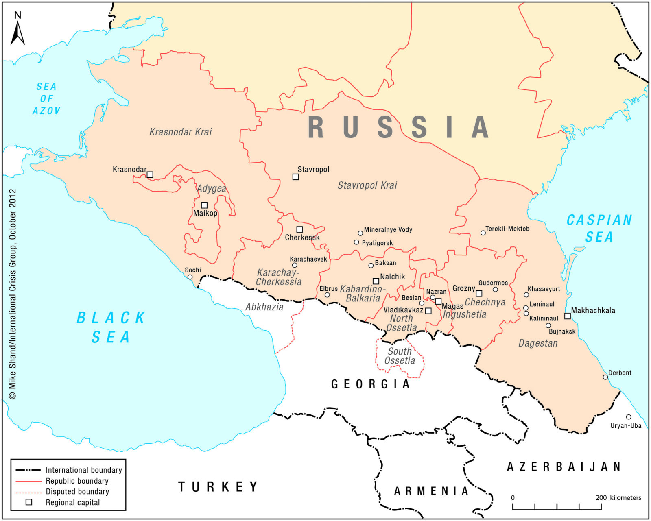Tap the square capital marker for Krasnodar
[x=150, y=174]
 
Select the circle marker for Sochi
[x=190, y=277]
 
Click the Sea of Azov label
[x=46, y=98]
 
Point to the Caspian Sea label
[x=599, y=228]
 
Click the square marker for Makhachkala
[x=568, y=316]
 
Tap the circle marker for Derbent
[x=605, y=377]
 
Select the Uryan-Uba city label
[x=626, y=426]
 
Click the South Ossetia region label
[x=400, y=356]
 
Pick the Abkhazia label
[x=264, y=307]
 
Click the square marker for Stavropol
[x=296, y=177]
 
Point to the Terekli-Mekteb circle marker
[x=483, y=233]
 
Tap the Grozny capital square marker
[x=479, y=294]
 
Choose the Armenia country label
[x=431, y=491]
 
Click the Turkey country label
[x=218, y=486]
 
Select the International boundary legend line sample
[x=28, y=470]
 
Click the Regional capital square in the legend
[x=29, y=502]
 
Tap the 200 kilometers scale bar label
[x=618, y=497]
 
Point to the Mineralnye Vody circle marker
[x=360, y=233]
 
